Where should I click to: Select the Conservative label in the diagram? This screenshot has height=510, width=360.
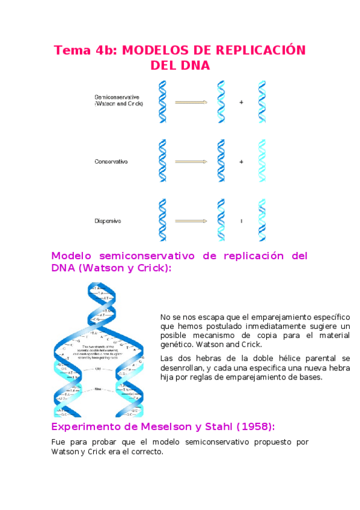point(111,162)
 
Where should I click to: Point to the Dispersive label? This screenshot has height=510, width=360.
point(108,221)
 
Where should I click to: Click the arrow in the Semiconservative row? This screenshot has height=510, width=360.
point(191,102)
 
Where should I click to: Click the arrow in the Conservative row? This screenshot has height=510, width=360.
point(191,162)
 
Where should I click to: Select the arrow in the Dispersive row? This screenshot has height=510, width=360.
point(191,221)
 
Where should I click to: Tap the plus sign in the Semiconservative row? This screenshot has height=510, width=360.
point(242,102)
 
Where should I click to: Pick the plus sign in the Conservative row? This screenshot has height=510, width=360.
point(242,162)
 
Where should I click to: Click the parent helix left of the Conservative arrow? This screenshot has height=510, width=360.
point(162,161)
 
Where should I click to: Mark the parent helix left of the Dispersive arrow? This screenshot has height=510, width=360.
point(162,220)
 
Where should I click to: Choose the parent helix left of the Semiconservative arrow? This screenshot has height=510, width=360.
point(162,102)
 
